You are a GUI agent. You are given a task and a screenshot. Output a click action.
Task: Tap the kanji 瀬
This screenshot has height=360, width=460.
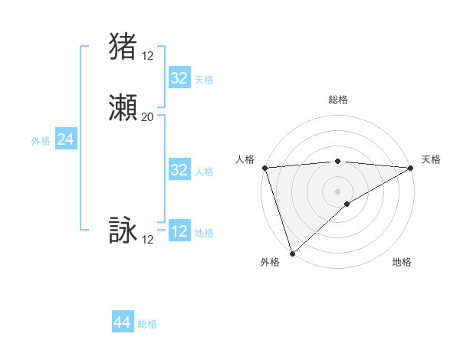point(123,109)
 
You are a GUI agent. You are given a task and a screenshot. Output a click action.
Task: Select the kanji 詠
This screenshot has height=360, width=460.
point(123,231)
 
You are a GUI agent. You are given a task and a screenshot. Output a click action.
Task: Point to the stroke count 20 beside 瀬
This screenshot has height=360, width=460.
point(147,117)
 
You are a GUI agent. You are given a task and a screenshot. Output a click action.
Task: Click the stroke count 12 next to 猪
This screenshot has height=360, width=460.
point(147,55)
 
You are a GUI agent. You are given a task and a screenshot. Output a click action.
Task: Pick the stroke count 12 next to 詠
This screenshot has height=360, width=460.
point(147,240)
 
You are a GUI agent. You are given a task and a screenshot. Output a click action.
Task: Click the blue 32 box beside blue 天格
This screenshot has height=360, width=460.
point(179,77)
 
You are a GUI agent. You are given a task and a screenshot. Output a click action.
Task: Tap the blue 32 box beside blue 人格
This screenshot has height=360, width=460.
point(179,170)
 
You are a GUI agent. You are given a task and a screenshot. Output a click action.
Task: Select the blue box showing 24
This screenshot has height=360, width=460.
point(65,139)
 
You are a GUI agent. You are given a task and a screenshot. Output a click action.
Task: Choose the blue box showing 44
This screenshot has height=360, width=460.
point(123,322)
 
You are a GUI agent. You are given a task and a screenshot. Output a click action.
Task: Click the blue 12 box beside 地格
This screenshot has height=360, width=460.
point(179,231)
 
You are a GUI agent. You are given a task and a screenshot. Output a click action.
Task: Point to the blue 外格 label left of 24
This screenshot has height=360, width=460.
point(41,141)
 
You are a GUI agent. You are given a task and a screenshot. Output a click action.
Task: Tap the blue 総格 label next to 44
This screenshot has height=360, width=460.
point(147,324)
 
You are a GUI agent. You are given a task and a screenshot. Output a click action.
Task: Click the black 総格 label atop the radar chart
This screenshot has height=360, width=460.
point(338,100)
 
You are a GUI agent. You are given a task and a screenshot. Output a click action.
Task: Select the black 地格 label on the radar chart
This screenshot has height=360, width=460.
point(402,263)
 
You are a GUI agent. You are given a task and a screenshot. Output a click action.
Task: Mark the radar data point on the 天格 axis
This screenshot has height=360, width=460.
point(411,168)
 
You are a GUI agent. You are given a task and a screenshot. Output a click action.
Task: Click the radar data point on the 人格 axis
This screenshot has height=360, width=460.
point(264,168)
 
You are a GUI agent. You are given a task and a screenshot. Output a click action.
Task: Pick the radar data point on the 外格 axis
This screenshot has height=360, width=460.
point(292,253)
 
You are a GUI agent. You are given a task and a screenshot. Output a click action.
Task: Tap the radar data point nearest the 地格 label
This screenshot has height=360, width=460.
point(347,204)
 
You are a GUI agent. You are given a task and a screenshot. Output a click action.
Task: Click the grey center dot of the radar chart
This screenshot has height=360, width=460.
point(338,191)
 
